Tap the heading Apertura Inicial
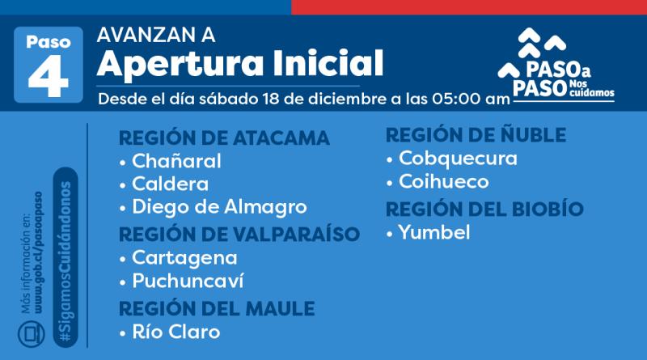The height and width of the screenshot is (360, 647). coord(239,61)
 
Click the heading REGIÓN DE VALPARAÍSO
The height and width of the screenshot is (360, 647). coord(239,235)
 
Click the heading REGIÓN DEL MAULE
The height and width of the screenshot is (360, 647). coord(216,308)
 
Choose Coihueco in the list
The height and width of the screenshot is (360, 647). coord(449,182)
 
